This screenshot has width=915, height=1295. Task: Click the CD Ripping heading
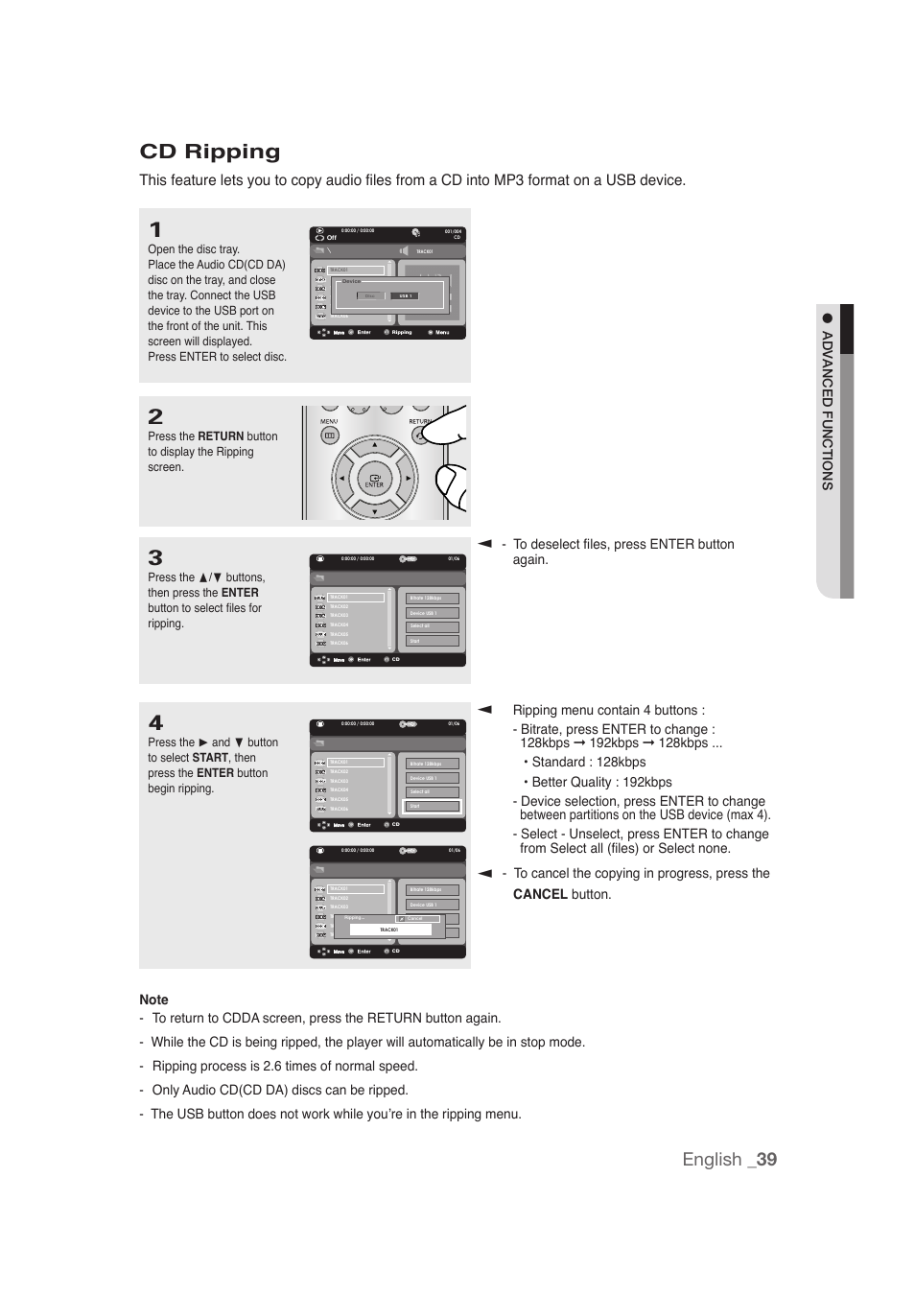[x=210, y=152]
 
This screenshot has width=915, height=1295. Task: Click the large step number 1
[x=155, y=230]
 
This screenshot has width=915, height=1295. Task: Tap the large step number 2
[x=155, y=417]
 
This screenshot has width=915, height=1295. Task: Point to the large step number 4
[x=155, y=723]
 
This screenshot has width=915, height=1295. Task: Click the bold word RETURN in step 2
[x=221, y=436]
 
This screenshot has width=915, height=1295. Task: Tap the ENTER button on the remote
[x=374, y=480]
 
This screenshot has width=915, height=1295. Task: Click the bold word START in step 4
[x=210, y=758]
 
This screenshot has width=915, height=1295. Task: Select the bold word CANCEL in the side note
[x=540, y=894]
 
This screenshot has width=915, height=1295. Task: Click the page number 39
[x=765, y=1159]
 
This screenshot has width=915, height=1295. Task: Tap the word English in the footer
[x=712, y=1159]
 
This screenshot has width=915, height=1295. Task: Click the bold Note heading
[x=153, y=1000]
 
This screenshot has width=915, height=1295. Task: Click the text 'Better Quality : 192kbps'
[x=601, y=782]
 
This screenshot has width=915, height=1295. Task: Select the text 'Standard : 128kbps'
[x=588, y=762]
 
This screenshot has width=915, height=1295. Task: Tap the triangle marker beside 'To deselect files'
[x=485, y=544]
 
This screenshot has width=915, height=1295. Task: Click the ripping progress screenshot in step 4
[x=387, y=902]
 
